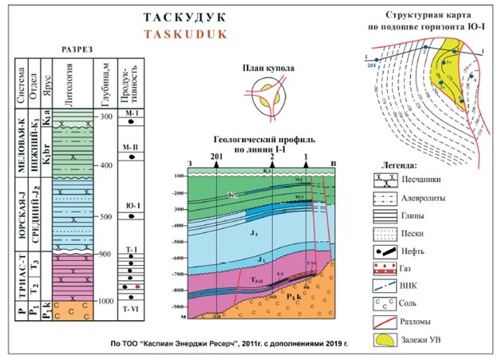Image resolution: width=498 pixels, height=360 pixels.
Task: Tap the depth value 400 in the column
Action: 106,165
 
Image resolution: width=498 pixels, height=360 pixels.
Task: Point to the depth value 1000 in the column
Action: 105,301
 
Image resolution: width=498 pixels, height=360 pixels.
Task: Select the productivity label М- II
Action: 131,148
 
